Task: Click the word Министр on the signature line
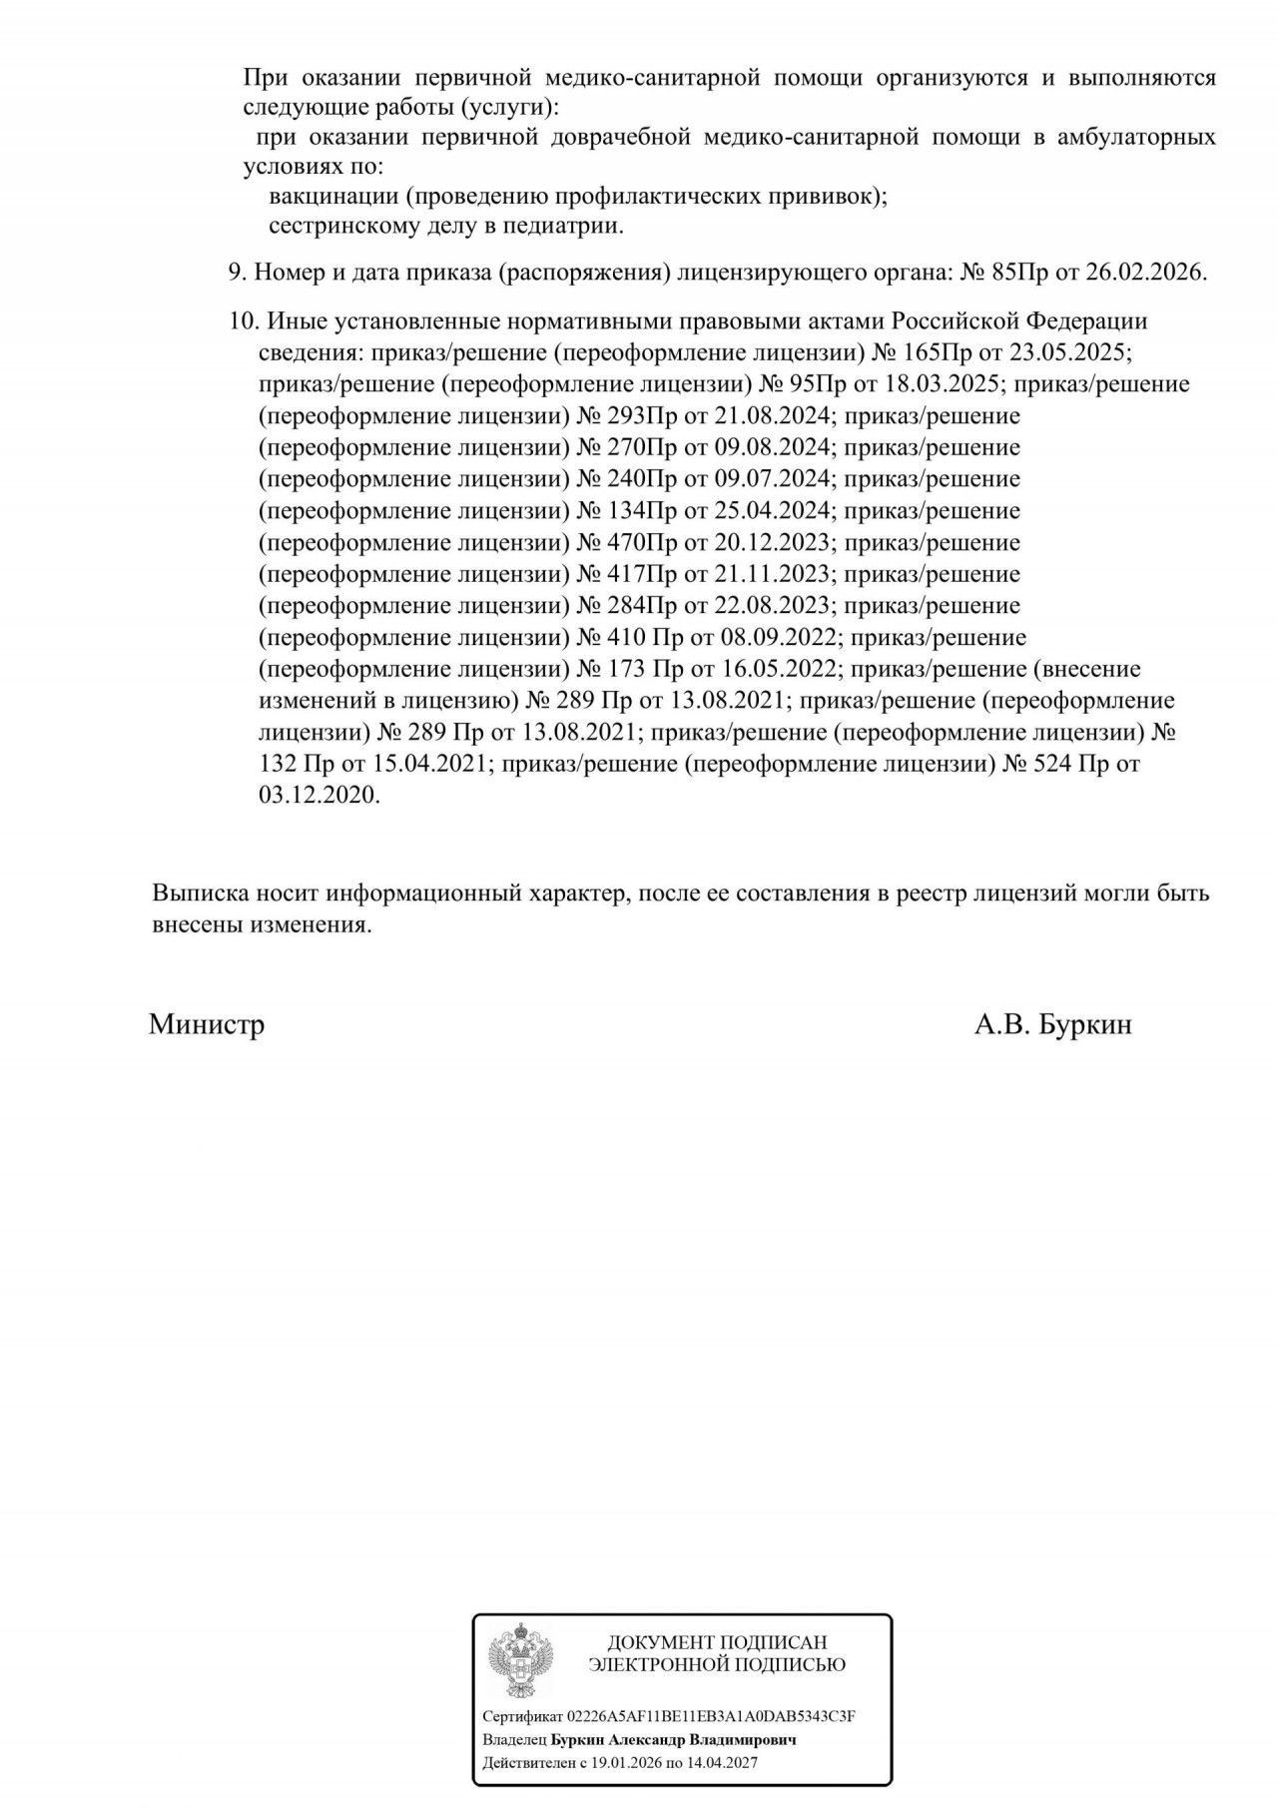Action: pos(207,1025)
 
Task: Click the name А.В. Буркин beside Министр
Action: pos(1052,1025)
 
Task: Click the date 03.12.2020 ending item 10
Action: pos(319,797)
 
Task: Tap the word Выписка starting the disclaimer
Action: pos(200,894)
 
